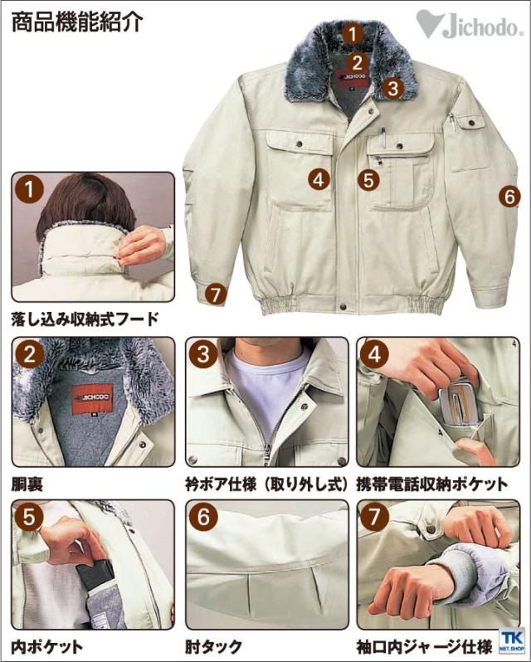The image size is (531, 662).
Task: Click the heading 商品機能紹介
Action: pos(77,22)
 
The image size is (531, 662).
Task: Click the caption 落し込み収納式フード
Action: pos(85,319)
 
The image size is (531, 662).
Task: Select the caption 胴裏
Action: pos(27,484)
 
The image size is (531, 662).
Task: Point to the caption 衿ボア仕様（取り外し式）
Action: pos(267,484)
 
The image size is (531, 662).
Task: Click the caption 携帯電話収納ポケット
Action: pos(431,484)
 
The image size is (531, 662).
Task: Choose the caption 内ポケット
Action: pos(46,646)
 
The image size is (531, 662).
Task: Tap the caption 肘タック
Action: pos(213,646)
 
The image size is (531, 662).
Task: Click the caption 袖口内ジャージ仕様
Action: pos(424,646)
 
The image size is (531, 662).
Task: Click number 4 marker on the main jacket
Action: pos(319,179)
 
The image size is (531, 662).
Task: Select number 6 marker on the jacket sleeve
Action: pos(509,197)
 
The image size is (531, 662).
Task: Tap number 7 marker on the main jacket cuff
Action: pos(216,294)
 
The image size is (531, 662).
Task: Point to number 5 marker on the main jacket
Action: pos(368,180)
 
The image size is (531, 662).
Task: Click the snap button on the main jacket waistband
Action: pos(343,305)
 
